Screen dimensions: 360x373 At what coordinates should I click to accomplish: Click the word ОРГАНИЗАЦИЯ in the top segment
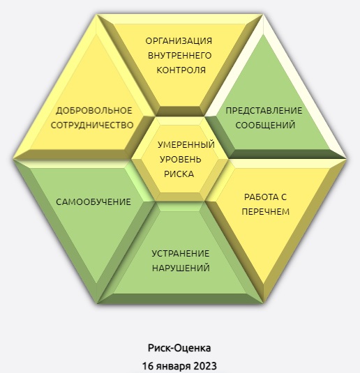tap(179, 41)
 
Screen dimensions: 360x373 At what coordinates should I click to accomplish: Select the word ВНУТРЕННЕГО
tap(180, 56)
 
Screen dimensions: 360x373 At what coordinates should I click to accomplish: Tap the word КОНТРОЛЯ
tap(181, 70)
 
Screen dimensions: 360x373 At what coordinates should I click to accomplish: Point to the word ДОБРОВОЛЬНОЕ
tap(93, 111)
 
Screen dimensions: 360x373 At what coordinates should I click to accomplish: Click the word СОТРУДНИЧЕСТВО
tap(92, 125)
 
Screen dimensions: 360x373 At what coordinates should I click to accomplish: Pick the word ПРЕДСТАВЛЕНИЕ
tap(264, 111)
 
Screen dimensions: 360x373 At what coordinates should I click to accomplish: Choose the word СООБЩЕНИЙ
tap(265, 125)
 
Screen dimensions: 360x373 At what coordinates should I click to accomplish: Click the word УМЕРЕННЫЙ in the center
tap(186, 145)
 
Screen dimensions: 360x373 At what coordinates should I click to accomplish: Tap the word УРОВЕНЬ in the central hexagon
tap(181, 160)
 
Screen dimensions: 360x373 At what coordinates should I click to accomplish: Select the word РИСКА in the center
tap(179, 174)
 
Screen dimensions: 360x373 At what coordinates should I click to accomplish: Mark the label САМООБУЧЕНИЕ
tap(93, 202)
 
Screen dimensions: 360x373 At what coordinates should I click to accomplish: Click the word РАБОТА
tap(260, 197)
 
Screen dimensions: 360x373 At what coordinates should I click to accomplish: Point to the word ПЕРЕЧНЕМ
tap(266, 212)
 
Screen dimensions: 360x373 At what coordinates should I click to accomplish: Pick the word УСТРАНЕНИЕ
tap(181, 254)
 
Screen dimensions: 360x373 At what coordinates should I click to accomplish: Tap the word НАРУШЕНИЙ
tap(181, 268)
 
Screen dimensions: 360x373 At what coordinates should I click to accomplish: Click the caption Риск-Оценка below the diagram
tap(179, 348)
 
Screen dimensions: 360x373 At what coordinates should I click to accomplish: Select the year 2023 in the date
tap(205, 365)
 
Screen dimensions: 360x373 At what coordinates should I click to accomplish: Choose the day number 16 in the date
tap(148, 365)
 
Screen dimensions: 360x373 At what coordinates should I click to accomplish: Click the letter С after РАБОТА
tap(283, 197)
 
